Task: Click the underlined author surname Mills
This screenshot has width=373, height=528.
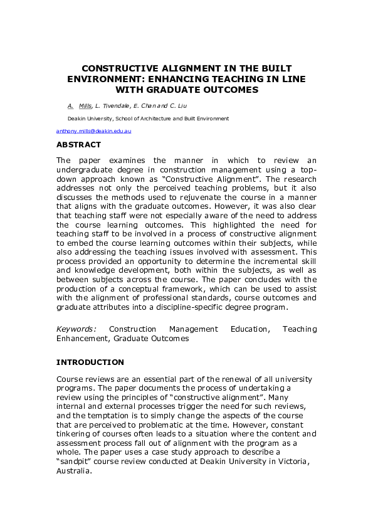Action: point(85,106)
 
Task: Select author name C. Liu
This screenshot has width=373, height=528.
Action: point(176,106)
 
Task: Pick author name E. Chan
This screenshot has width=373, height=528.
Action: point(145,106)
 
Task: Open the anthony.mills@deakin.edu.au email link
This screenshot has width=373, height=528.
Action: point(93,131)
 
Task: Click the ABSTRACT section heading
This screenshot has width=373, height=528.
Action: point(78,144)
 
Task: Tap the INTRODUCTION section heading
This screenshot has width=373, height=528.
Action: point(90,362)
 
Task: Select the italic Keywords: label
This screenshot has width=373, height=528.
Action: point(76,329)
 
